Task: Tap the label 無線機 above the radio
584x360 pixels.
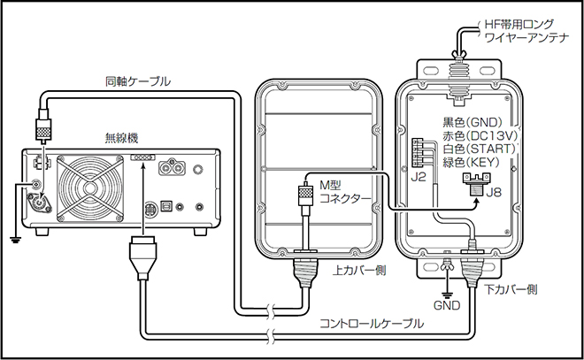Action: click(x=121, y=137)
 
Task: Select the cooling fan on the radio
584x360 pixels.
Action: click(x=91, y=188)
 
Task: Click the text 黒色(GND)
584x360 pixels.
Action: click(x=476, y=123)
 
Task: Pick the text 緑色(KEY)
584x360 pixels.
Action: click(x=476, y=165)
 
